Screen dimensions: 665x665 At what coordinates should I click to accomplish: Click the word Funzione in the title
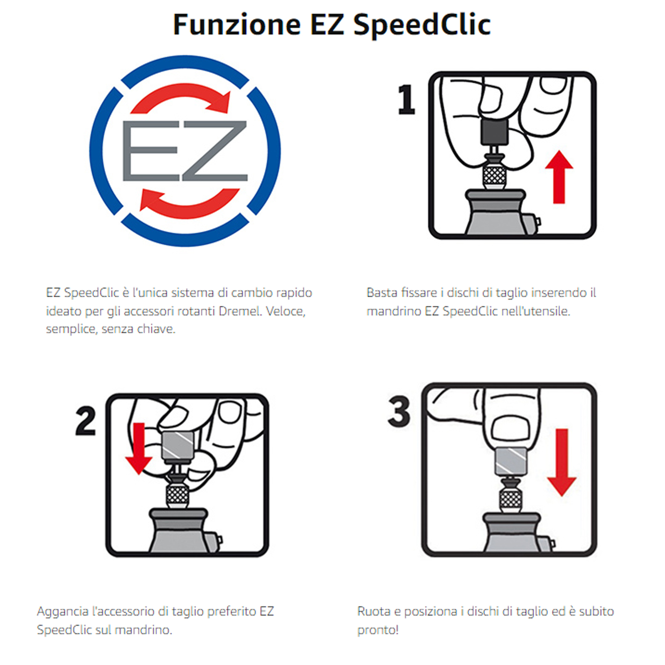coord(237,24)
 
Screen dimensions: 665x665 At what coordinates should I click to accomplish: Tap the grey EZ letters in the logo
coord(185,151)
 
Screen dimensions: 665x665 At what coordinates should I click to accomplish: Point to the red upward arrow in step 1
coord(559,177)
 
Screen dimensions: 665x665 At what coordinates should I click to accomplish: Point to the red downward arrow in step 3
coord(562,463)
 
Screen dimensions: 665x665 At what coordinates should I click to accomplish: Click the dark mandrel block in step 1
coord(495,132)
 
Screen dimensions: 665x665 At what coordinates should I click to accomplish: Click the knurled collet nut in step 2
coord(177,495)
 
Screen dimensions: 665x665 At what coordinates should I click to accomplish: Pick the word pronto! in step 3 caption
coord(378,630)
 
